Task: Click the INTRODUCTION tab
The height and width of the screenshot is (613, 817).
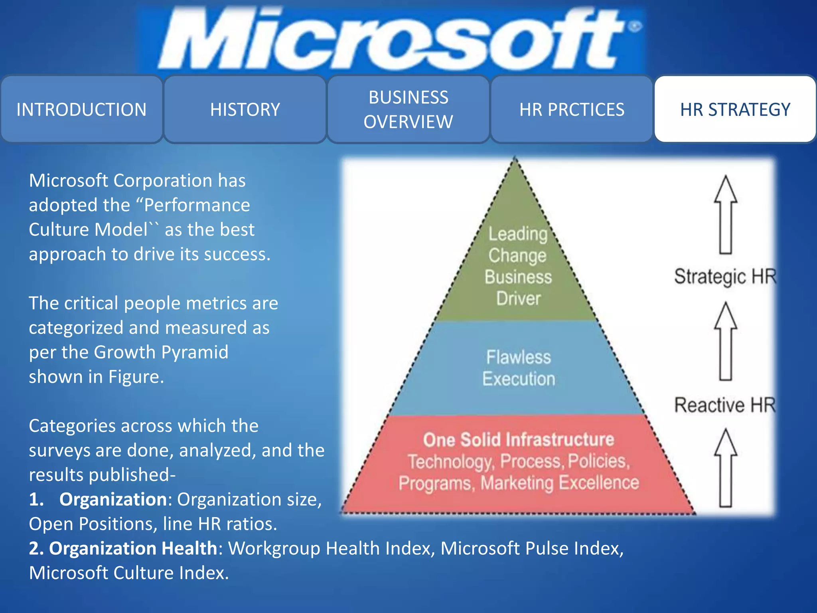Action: coord(81,109)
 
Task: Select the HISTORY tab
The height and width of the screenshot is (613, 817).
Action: coord(245,109)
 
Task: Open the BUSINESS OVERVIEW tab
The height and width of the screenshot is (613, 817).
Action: coord(408,109)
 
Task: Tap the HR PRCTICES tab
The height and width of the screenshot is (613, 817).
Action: coord(572,109)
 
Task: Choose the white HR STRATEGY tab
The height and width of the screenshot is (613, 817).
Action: coord(735,109)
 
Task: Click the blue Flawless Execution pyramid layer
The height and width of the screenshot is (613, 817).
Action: coord(518,368)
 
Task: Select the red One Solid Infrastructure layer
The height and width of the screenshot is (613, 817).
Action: coord(519,463)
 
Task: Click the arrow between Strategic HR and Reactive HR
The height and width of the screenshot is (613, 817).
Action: coord(726,341)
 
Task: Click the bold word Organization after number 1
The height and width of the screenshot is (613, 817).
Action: coord(113,499)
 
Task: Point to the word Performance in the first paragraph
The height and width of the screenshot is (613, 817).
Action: coord(197,205)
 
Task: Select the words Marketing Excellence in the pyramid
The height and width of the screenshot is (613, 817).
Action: coord(560,483)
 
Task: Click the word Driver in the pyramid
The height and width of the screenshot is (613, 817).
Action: coord(518,299)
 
